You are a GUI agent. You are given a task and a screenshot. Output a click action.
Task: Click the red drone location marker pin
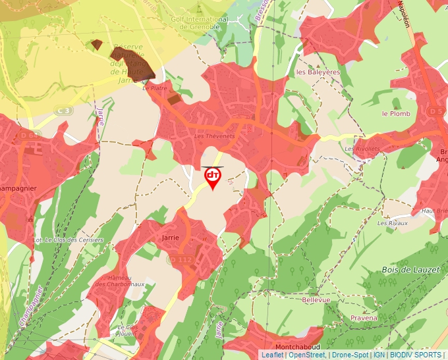pos(213,178)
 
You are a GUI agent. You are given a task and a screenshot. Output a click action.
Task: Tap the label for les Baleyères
pos(318,72)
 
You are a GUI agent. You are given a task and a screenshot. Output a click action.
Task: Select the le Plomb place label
pos(396,114)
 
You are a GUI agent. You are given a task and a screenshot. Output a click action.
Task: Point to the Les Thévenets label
pos(215,136)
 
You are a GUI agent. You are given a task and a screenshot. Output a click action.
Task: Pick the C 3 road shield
pos(64,111)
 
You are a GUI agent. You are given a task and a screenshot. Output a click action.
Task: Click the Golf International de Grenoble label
pos(200,20)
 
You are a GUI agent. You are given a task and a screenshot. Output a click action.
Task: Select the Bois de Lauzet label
pos(408,270)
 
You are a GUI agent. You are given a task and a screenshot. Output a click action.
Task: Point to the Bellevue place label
pos(316,299)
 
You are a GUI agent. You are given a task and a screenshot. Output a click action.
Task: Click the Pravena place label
pos(364,318)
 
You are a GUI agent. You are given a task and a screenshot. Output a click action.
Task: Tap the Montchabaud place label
pos(298,347)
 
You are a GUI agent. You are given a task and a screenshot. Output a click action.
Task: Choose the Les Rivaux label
pos(391,223)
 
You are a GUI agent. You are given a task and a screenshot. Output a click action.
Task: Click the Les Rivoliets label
pos(362,149)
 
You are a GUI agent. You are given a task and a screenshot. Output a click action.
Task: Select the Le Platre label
pos(155,87)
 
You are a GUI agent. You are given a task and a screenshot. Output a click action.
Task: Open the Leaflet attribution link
pos(272,355)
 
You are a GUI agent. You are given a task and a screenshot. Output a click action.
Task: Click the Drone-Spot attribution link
pos(349,355)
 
